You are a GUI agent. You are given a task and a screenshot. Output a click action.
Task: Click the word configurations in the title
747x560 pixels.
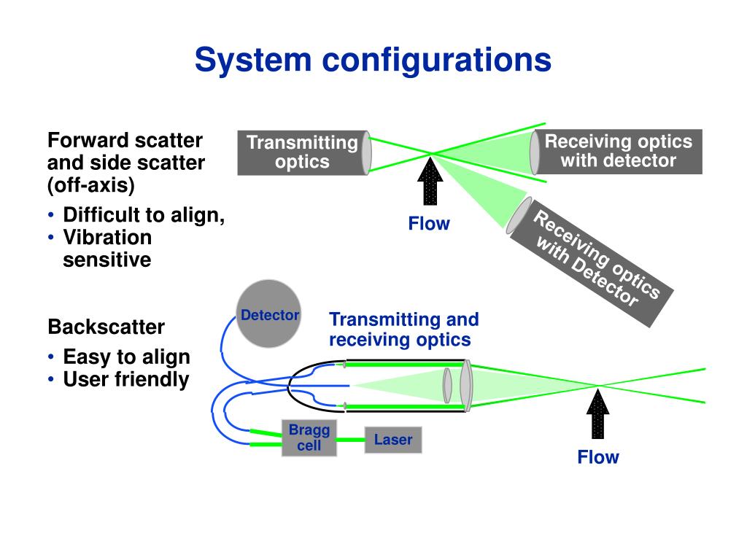pos(437,61)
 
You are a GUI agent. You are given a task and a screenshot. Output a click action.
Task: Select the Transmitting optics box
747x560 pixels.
pos(302,153)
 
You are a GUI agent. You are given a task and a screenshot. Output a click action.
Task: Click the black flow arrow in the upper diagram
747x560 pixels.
pos(430,182)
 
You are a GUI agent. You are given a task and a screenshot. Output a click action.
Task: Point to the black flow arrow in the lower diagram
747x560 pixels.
pos(598,414)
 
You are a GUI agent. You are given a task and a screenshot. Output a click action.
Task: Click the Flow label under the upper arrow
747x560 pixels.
pos(429,223)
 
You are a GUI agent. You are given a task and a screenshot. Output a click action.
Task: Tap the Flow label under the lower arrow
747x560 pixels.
pos(598,457)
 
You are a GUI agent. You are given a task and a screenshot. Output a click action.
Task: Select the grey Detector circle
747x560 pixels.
pos(269,314)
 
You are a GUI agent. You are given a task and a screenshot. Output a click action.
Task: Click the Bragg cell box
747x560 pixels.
pos(309,438)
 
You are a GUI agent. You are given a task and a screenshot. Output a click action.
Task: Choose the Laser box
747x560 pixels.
pos(393,440)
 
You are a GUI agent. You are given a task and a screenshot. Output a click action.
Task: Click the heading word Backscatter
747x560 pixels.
pos(107,327)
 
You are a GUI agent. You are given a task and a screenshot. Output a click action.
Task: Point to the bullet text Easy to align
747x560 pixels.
pos(126,357)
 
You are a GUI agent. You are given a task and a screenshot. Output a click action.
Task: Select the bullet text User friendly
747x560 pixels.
pos(126,379)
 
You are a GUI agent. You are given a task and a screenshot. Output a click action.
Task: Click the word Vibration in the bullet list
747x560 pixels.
pos(108,237)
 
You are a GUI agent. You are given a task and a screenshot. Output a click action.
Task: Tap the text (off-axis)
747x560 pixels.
pos(91,185)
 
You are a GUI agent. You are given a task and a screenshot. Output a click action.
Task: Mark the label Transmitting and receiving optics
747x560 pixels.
pos(403,330)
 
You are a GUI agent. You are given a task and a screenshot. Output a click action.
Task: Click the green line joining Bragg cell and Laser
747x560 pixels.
pos(351,440)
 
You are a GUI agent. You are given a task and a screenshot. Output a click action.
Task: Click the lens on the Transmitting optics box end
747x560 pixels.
pos(366,153)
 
